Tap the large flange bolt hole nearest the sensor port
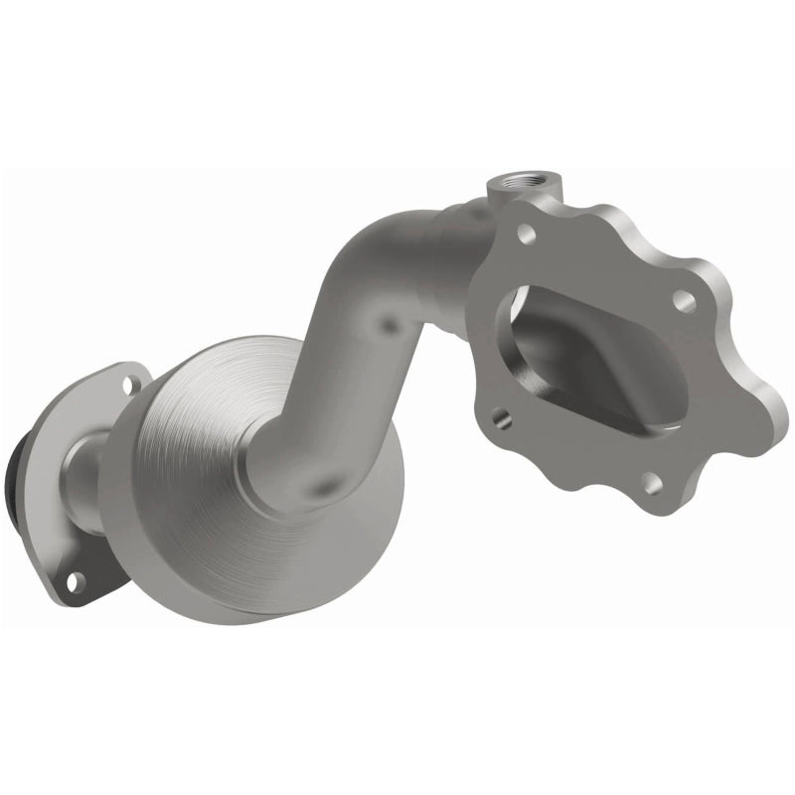coord(527,236)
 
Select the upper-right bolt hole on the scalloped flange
coord(683,297)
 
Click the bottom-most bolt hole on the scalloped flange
coord(650,484)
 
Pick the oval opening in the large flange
coord(586,358)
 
